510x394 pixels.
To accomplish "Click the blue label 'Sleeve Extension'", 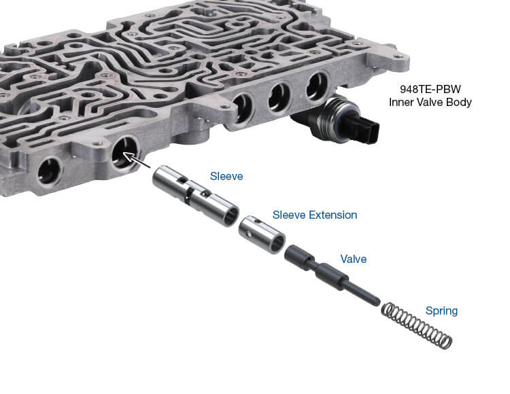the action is point(315,215).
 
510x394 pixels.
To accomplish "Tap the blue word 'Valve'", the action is point(353,259).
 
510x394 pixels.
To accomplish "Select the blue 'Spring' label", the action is point(441,311).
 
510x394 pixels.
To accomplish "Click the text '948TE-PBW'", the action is point(430,89).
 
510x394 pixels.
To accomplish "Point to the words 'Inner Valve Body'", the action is point(430,102).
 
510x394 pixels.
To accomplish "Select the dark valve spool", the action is point(332,275).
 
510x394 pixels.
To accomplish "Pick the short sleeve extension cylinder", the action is point(262,235).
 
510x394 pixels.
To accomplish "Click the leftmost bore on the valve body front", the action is point(49,171).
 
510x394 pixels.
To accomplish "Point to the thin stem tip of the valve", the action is point(377,302).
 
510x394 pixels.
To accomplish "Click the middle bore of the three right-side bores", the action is point(279,97).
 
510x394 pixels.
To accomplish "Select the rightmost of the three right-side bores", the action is point(317,86).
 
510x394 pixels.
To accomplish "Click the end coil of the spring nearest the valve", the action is point(387,309).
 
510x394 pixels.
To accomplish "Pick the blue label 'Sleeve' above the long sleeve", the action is point(226,176).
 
